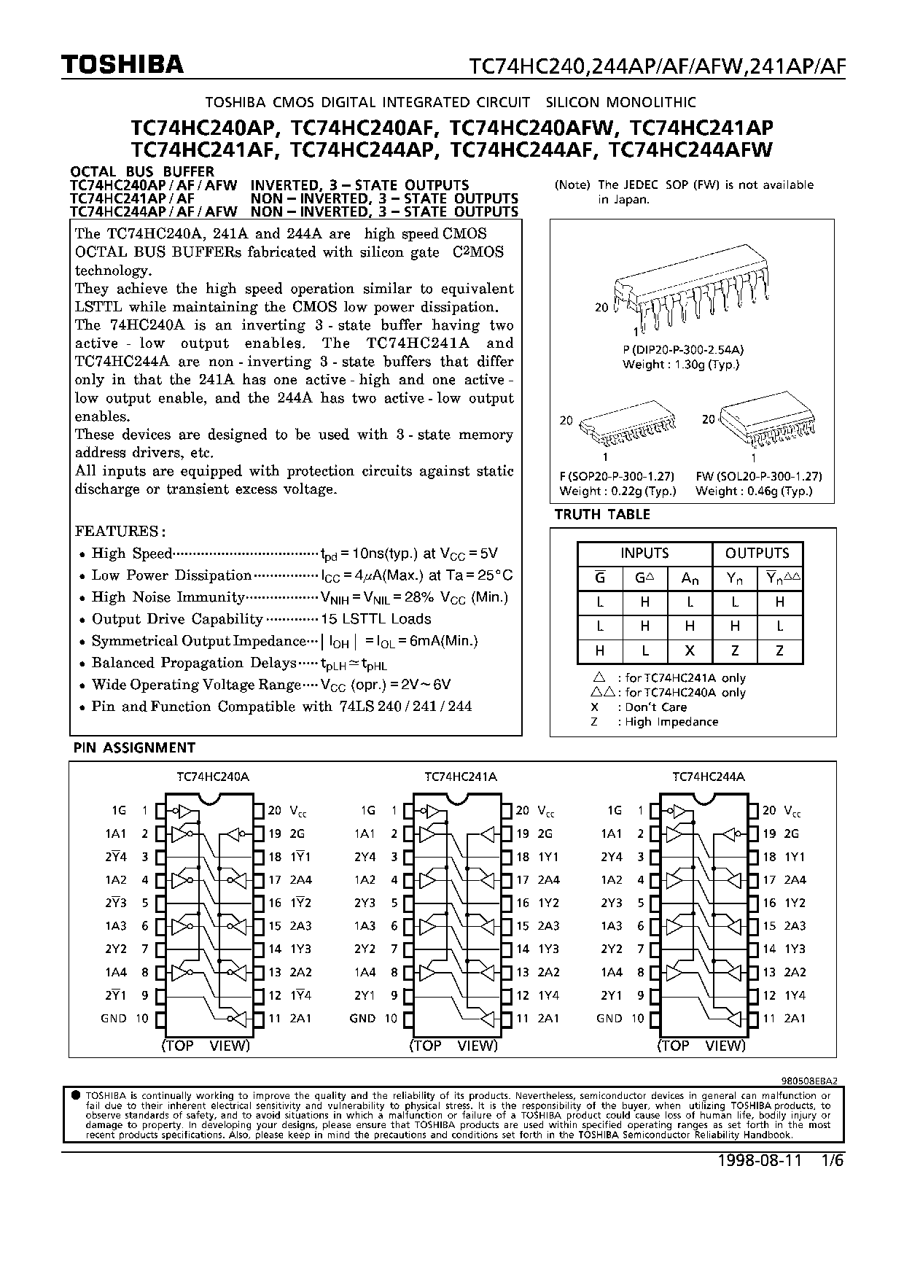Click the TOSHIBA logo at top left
coord(122,66)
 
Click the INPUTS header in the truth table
coord(644,553)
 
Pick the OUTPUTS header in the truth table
coord(757,553)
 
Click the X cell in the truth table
coord(690,650)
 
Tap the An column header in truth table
coord(690,578)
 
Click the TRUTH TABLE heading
coord(602,514)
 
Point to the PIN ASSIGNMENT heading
coord(134,747)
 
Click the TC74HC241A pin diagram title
coord(461,777)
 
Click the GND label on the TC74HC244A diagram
coord(609,1019)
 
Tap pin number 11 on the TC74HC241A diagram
coord(522,1019)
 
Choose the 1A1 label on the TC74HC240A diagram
coord(116,833)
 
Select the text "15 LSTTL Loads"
coord(376,619)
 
